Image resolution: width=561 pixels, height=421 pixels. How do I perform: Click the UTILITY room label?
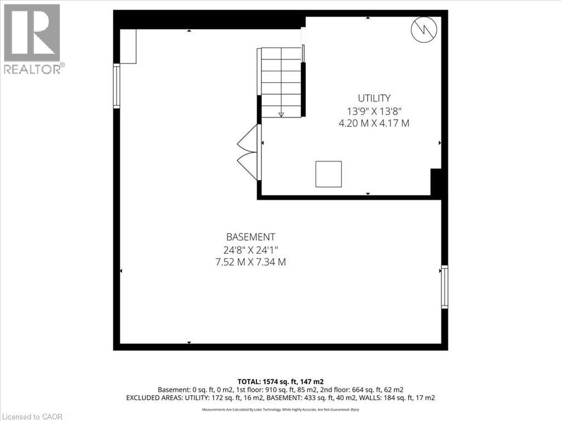coord(374,98)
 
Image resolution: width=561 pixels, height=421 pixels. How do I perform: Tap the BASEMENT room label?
coord(250,237)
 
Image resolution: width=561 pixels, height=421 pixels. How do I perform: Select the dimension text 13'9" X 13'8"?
coord(374,111)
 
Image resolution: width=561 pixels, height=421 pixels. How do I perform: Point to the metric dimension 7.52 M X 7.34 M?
coord(250,262)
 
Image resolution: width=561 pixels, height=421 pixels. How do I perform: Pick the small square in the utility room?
coord(328,174)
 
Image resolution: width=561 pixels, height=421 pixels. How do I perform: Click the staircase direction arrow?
coord(281,114)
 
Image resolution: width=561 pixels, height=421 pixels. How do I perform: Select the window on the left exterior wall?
coord(116,86)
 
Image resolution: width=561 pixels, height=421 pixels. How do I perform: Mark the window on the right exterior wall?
coord(444,287)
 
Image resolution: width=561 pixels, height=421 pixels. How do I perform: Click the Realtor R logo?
coord(32,32)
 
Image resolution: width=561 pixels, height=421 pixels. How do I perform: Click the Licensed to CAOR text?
coord(32,416)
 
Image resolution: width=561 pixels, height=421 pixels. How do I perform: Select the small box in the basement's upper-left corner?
coord(128,46)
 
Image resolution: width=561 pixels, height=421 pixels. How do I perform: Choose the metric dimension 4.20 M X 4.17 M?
coord(374,123)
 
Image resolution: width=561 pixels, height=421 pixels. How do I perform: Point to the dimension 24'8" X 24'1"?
coord(250,250)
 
